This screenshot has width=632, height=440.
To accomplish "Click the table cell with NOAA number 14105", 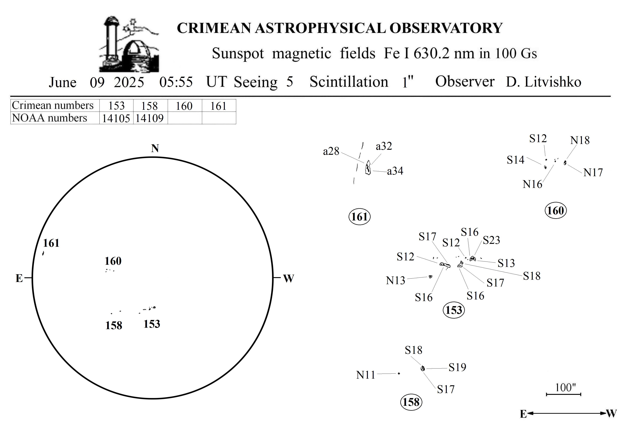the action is tap(116, 118).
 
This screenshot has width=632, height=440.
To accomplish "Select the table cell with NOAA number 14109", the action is tap(150, 118).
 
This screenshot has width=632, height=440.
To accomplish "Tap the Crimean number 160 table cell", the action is tap(184, 106).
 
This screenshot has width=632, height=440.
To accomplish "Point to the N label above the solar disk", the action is tap(155, 148).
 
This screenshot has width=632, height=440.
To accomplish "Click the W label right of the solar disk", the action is tap(288, 279).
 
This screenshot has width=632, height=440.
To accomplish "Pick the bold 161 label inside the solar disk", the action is tap(51, 243).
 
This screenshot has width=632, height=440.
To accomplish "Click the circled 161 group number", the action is tap(359, 217).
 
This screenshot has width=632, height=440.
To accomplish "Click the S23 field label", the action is tap(491, 240).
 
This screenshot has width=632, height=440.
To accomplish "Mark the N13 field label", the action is tap(396, 281).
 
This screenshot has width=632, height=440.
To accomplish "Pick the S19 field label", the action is tap(457, 367).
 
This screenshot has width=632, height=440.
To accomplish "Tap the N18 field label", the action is tap(580, 140).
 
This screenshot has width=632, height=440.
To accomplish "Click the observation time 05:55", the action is tap(176, 82).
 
